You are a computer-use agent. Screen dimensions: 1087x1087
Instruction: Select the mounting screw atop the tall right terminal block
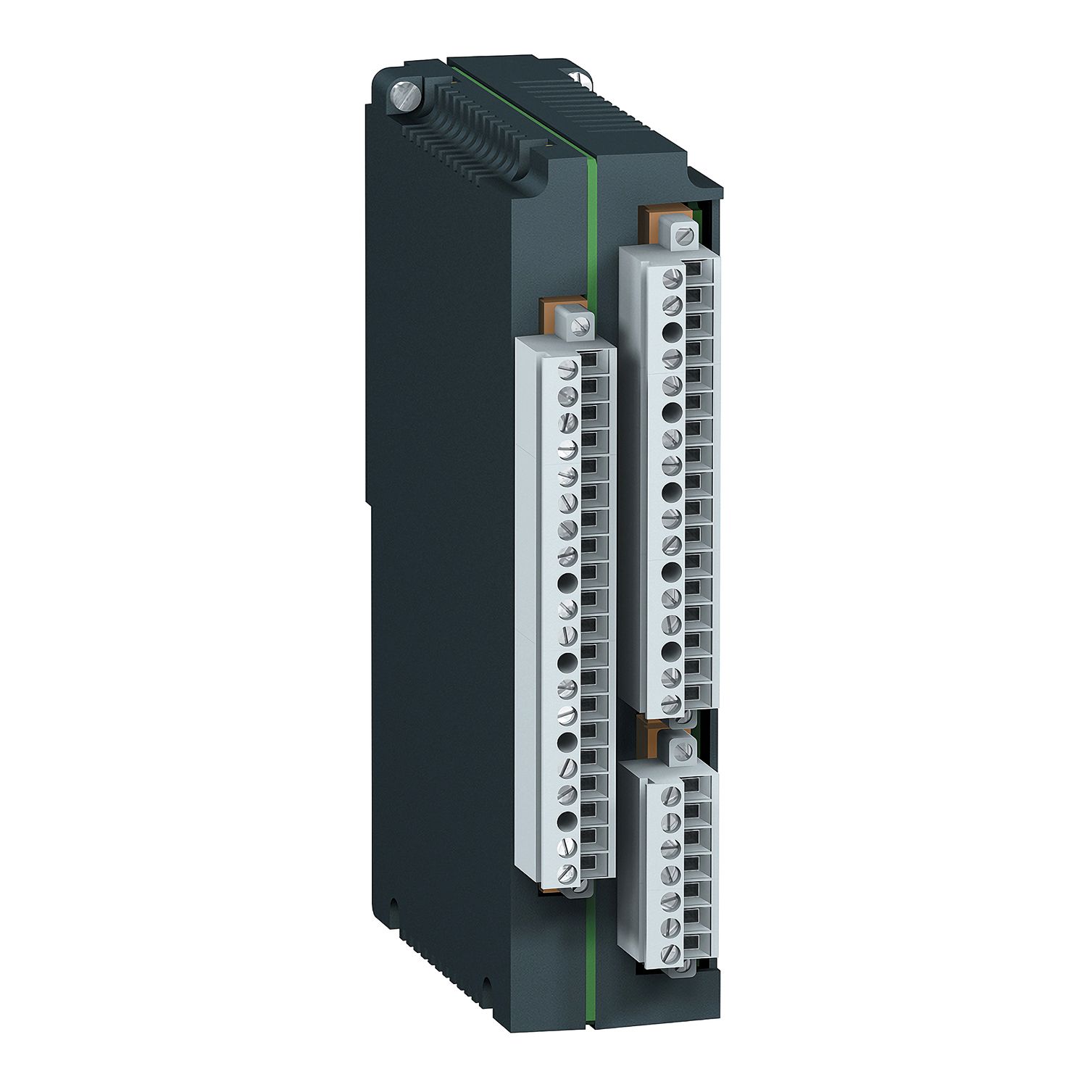click(683, 236)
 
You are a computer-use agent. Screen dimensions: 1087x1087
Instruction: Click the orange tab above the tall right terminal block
click(653, 221)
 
